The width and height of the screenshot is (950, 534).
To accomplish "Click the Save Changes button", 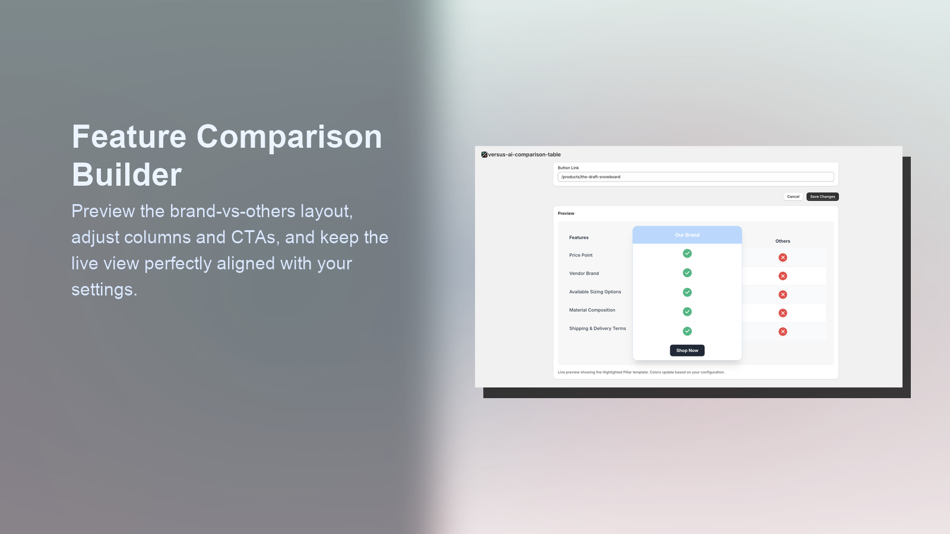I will (822, 196).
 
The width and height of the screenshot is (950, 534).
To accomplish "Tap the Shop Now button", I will (687, 351).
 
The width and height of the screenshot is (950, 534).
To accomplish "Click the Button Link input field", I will (695, 177).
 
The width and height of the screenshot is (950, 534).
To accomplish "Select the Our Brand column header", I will (687, 235).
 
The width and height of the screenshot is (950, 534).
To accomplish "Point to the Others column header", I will (783, 241).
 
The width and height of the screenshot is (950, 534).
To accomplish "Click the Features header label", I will (579, 237).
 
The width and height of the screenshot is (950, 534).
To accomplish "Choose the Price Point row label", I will (581, 255).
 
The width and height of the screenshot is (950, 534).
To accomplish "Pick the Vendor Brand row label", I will (584, 274).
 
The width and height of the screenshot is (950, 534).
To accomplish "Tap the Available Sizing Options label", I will (595, 292).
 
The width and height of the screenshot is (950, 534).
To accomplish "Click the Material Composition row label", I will (592, 310).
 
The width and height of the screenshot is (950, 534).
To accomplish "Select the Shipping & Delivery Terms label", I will (597, 329).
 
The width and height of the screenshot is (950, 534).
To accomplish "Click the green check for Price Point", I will (687, 253).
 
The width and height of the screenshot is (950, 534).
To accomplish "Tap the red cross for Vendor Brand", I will (783, 276).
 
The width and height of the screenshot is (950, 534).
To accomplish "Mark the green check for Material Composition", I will (687, 311).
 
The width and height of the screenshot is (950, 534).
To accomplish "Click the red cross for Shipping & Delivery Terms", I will (783, 332).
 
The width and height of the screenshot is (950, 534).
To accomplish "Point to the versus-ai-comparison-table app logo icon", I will (484, 155).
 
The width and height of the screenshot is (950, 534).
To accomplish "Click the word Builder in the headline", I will (126, 175).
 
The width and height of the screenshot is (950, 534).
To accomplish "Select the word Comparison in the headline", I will (289, 137).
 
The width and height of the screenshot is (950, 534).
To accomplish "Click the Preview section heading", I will (566, 214).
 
